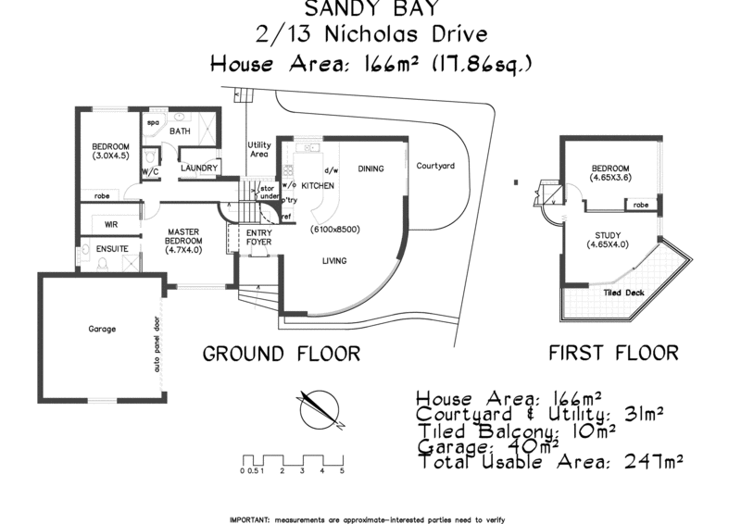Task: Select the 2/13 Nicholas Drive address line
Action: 370,36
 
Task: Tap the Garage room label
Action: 102,329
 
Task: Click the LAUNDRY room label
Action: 198,168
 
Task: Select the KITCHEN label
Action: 318,186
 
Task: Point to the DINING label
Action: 370,168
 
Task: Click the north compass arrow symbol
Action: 319,410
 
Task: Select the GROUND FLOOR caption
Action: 282,354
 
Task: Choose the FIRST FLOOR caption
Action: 614,354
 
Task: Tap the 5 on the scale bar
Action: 342,471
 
